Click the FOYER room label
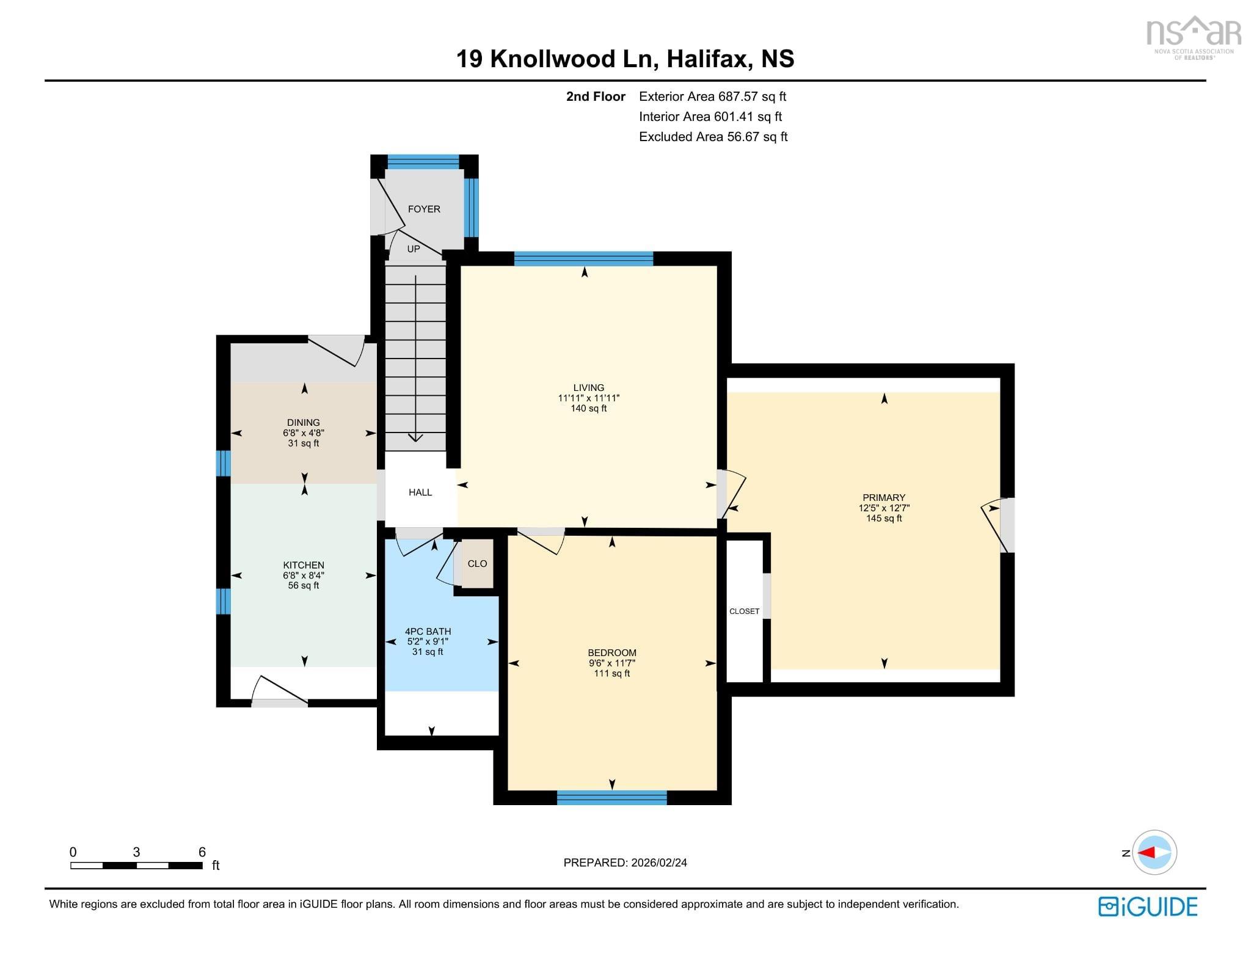pyautogui.click(x=423, y=209)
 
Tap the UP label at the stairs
pyautogui.click(x=414, y=249)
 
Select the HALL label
pyautogui.click(x=420, y=492)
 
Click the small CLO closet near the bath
pyautogui.click(x=477, y=564)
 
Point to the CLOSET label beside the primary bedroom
pyautogui.click(x=744, y=611)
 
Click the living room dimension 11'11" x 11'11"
pyautogui.click(x=588, y=398)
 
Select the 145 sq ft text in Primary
pyautogui.click(x=883, y=519)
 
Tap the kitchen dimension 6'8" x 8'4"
pyautogui.click(x=304, y=575)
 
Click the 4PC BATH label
pyautogui.click(x=428, y=632)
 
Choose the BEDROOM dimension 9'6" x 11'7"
pyautogui.click(x=611, y=663)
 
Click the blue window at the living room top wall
pyautogui.click(x=583, y=259)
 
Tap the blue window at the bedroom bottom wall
pyautogui.click(x=611, y=797)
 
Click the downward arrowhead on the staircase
pyautogui.click(x=415, y=437)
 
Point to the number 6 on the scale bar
pyautogui.click(x=202, y=852)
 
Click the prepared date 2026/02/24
pyautogui.click(x=658, y=863)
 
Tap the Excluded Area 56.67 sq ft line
pyautogui.click(x=713, y=137)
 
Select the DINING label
pyautogui.click(x=304, y=423)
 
